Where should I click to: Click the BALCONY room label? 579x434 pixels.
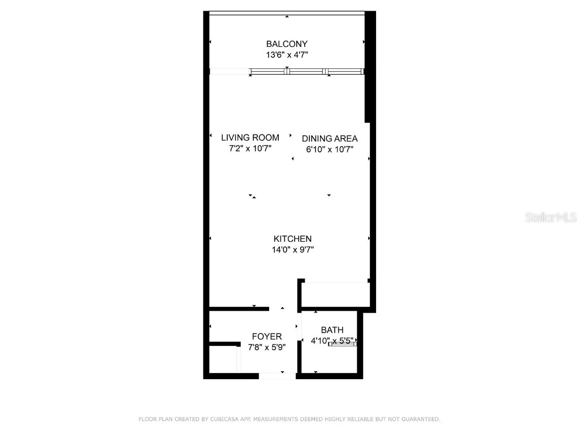(287, 44)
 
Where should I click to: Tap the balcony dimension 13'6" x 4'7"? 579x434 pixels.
(287, 55)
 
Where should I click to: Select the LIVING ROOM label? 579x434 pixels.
(250, 137)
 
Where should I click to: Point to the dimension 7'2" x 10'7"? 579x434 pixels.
(250, 149)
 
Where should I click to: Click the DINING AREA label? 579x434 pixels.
(330, 138)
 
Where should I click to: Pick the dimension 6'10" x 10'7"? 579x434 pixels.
(330, 150)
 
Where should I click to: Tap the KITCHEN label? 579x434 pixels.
(292, 239)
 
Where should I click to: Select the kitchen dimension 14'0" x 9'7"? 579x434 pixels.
(292, 250)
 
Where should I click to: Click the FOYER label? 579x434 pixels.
(267, 337)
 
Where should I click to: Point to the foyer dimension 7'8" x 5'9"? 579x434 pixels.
(267, 348)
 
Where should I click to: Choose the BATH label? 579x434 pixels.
(332, 330)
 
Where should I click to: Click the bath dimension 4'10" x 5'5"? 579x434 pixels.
(332, 341)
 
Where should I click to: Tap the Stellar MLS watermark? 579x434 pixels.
(551, 218)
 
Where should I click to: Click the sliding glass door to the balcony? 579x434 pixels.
(307, 71)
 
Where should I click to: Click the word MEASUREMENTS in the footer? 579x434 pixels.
(276, 419)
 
